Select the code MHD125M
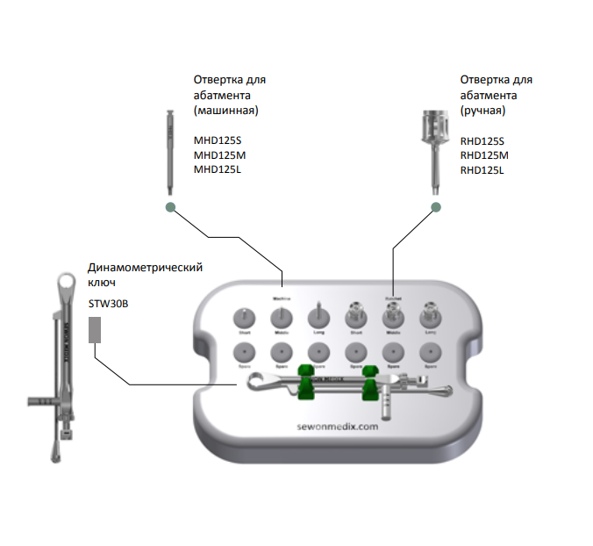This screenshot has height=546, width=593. click(x=218, y=155)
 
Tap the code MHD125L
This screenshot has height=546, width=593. click(x=217, y=169)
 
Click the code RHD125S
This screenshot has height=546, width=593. click(x=482, y=140)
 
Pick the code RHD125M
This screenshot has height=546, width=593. click(x=484, y=155)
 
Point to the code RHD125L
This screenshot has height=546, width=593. click(x=482, y=169)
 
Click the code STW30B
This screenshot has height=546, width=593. click(x=106, y=304)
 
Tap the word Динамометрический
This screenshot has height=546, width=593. click(x=146, y=269)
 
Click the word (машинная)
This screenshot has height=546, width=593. click(x=226, y=111)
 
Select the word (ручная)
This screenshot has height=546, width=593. click(x=482, y=111)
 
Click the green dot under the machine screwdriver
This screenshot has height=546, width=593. click(x=169, y=207)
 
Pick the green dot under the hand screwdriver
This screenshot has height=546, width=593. click(x=435, y=207)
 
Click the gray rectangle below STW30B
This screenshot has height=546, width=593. click(x=96, y=330)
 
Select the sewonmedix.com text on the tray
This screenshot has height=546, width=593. click(x=337, y=426)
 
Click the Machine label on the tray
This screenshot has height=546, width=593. click(x=282, y=298)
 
